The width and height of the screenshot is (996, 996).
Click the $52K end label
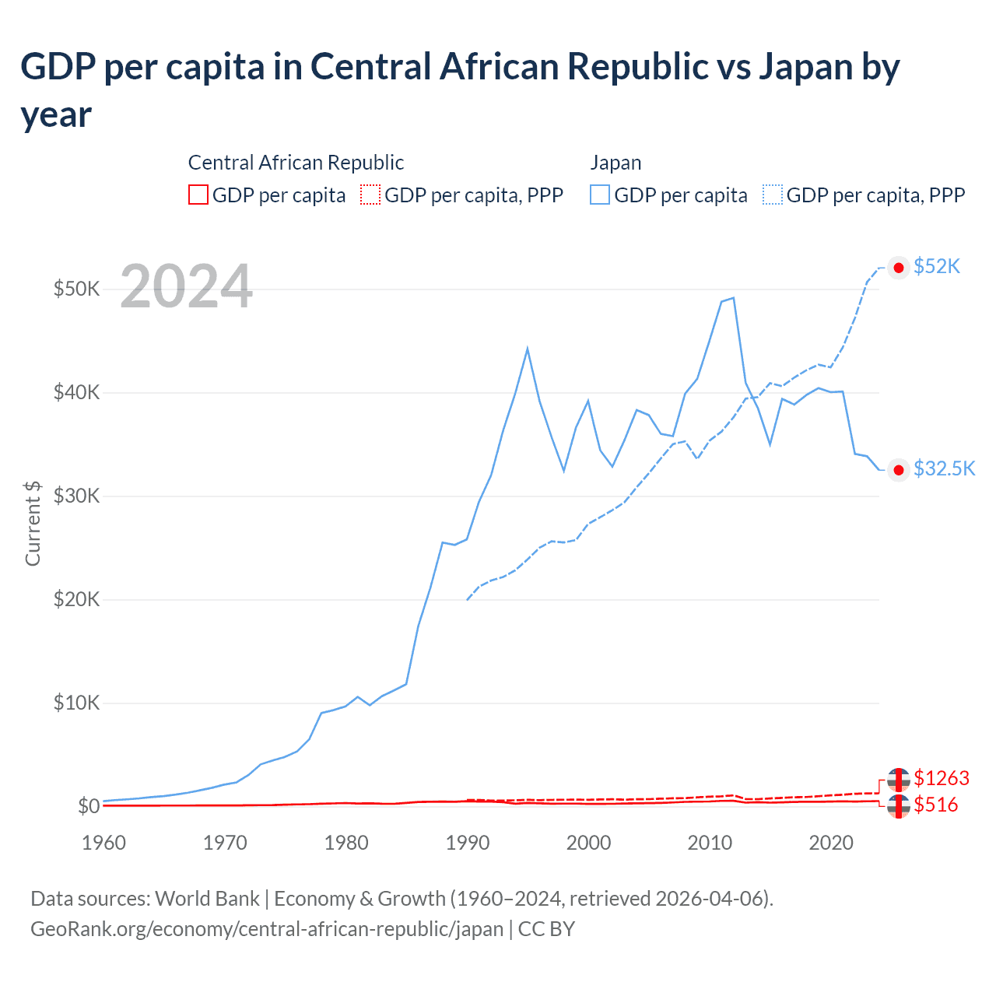point(937,267)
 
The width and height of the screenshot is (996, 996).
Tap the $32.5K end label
point(944,468)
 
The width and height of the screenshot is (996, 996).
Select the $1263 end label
point(942,778)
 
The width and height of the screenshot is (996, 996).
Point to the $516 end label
point(936,805)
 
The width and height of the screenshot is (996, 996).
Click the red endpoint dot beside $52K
point(899,268)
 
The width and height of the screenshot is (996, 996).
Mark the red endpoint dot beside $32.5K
point(899,470)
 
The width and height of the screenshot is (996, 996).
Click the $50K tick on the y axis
point(76,289)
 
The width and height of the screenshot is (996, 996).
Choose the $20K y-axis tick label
point(76,599)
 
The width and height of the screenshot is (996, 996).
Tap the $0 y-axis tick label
point(88,806)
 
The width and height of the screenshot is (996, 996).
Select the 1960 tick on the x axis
point(103,843)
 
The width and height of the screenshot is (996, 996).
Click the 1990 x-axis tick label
point(467,843)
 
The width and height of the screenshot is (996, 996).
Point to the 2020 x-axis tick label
point(830,843)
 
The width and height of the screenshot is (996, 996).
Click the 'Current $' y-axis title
point(33,523)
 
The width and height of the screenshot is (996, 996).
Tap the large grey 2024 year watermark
point(186,286)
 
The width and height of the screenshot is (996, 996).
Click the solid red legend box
point(198,195)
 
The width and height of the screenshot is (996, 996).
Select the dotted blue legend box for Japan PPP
point(773,195)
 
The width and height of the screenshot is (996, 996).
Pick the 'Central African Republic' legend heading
point(296,163)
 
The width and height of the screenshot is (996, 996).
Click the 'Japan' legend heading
point(615,163)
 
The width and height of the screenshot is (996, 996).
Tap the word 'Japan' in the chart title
point(805,67)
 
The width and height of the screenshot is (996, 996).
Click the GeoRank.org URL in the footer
point(266,929)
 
